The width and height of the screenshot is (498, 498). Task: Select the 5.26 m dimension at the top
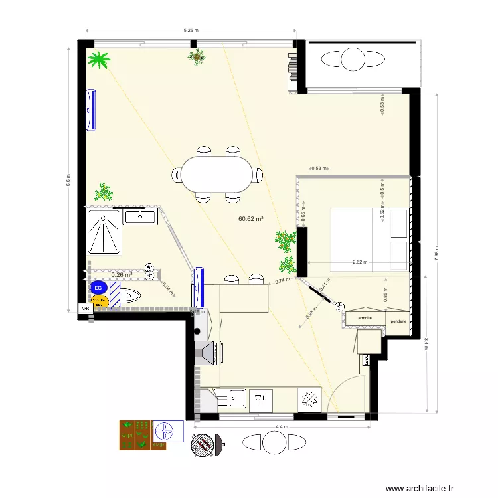(191, 31)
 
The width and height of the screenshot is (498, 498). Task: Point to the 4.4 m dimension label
(282, 426)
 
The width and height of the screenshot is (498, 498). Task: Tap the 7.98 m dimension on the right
(437, 250)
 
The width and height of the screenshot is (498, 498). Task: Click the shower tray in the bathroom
(104, 232)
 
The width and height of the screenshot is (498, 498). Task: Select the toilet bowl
(132, 294)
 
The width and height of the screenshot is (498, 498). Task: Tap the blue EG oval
(98, 288)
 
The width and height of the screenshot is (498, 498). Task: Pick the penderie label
(398, 321)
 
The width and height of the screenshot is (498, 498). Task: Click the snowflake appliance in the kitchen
(307, 399)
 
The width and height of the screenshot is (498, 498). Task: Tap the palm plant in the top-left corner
(100, 61)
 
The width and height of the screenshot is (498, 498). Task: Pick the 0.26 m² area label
(122, 274)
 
